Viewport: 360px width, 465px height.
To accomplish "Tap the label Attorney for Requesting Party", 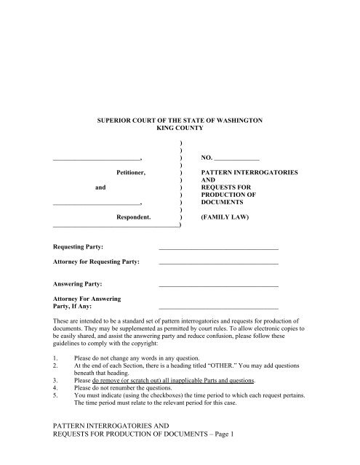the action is [x=97, y=262].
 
